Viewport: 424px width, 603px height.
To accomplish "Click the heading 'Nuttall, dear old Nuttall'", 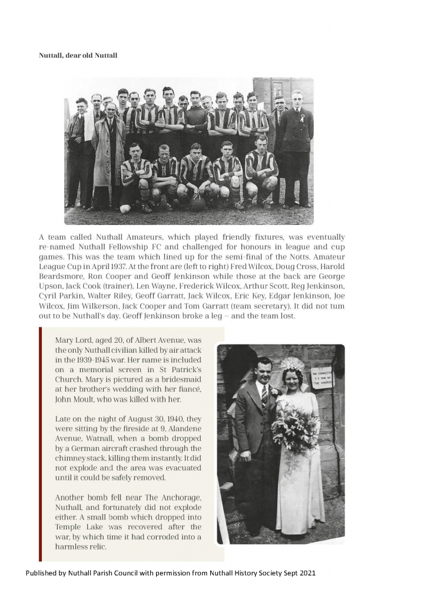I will click(78, 56).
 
